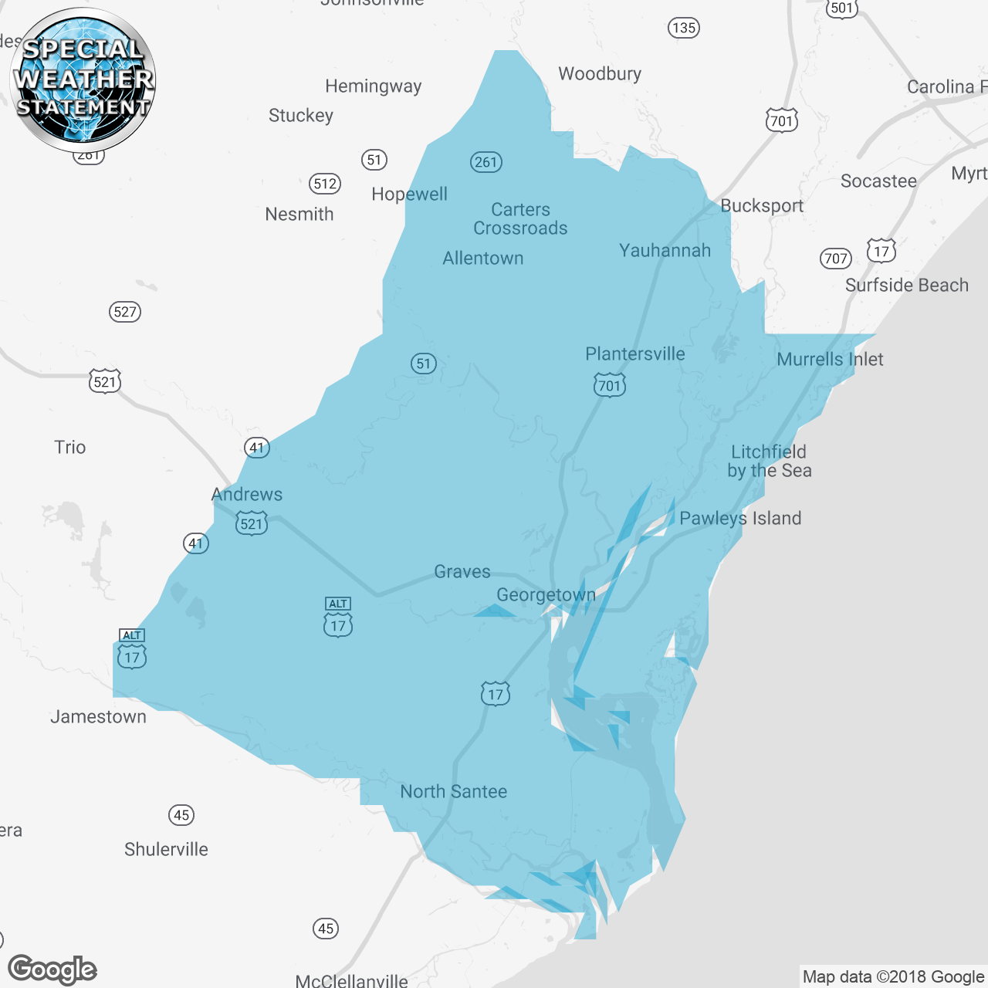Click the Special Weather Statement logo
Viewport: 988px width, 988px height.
pos(83,80)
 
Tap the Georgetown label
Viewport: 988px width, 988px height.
pos(546,595)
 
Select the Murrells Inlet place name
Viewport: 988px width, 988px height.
pos(830,359)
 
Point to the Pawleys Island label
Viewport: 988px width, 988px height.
pos(740,518)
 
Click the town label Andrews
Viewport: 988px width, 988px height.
pos(247,494)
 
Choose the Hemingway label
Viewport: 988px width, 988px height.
pos(373,86)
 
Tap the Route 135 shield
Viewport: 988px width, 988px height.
pos(683,28)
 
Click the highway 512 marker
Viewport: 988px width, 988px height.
pos(325,184)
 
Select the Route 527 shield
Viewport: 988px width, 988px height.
pos(125,312)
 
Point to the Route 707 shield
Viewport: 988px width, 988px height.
pos(836,259)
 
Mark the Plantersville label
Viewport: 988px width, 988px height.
pos(635,354)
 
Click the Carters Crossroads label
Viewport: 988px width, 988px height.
pos(520,218)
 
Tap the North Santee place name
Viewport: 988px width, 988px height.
pos(454,791)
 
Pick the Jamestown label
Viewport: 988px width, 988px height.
pos(98,716)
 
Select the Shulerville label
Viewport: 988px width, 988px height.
pos(166,849)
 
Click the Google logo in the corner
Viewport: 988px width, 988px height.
pos(52,969)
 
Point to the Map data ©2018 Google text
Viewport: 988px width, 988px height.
pos(893,976)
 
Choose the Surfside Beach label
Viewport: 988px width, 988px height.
pos(906,285)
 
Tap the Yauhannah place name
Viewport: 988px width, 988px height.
pos(665,250)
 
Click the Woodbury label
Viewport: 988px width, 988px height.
pos(600,73)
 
